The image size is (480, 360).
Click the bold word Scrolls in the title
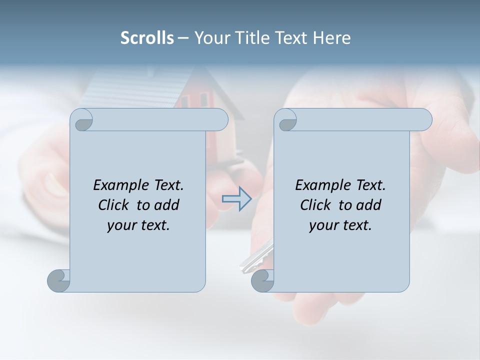tap(147, 38)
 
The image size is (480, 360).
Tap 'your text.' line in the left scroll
tap(138, 225)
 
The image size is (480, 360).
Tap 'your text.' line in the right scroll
tap(340, 225)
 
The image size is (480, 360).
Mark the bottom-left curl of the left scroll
tap(58, 280)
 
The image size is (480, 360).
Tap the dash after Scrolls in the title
tap(183, 38)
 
